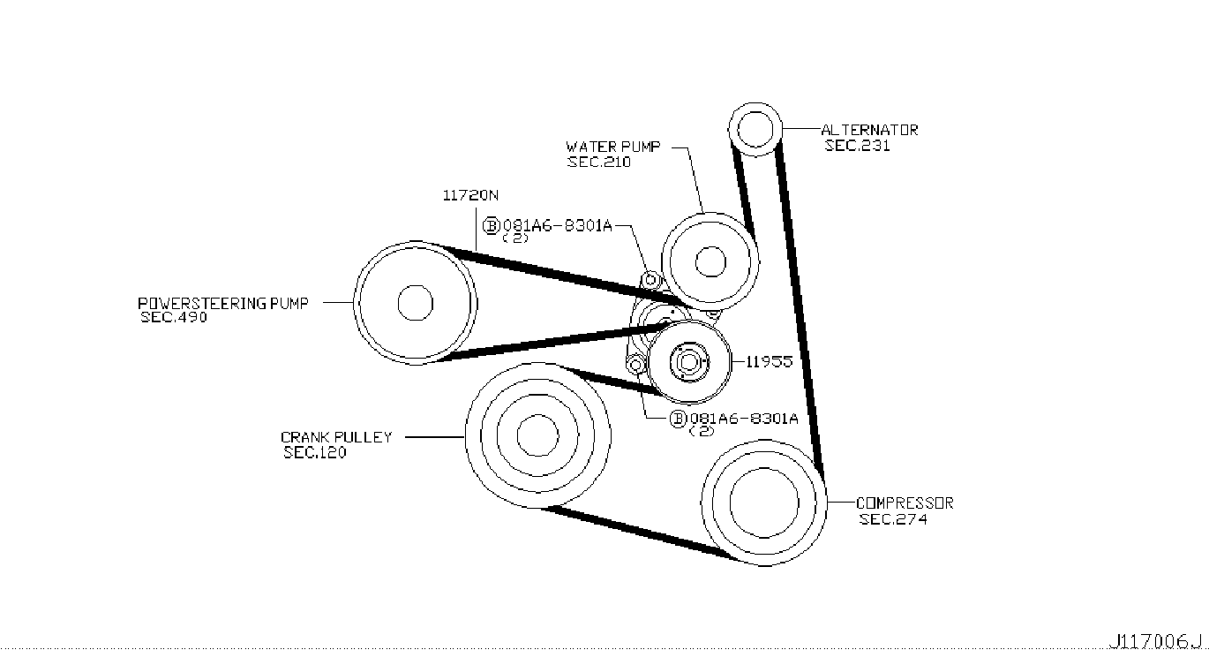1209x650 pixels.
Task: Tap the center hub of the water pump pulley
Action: (710, 261)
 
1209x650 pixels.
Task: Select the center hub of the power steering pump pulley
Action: (415, 303)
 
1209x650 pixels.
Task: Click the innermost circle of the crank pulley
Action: (537, 435)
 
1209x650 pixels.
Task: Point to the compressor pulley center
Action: (763, 503)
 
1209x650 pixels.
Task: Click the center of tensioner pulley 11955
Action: (689, 361)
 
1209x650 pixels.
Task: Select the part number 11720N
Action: (470, 195)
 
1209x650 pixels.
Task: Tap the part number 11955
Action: (770, 361)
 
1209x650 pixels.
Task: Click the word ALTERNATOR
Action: (869, 130)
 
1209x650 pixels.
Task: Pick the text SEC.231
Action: (857, 146)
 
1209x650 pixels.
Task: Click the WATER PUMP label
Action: (613, 147)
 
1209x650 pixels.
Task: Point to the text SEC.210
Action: (599, 162)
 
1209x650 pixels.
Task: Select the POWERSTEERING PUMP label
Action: (223, 303)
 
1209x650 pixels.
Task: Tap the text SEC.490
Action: (174, 317)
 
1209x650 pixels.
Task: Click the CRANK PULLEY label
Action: (336, 437)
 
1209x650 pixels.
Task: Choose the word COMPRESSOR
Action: (905, 503)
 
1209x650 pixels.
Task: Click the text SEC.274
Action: (893, 519)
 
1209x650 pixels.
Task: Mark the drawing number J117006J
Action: (1155, 641)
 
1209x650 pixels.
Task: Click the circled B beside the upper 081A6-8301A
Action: (492, 225)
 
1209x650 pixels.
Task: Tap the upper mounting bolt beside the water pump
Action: (651, 280)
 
